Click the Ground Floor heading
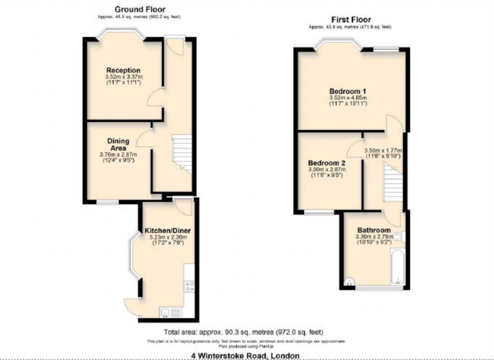pos(140,9)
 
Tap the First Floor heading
pos(351,20)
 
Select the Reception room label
pos(123,70)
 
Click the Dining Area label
pos(118,144)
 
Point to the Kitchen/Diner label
pos(168,231)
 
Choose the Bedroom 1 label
pos(348,91)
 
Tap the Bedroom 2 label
pos(327,163)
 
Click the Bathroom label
pos(374,230)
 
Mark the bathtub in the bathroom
pos(398,267)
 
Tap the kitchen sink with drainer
pos(170,313)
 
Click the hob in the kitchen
pos(189,286)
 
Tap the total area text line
pos(243,332)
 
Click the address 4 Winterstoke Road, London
pos(245,356)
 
